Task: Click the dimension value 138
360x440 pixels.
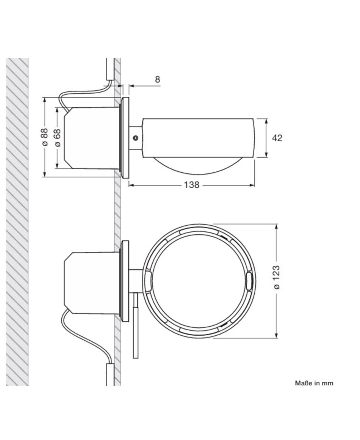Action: coord(191,185)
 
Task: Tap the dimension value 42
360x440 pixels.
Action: coord(277,138)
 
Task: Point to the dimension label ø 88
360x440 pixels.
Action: coord(44,137)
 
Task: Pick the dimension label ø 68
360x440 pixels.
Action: coord(57,137)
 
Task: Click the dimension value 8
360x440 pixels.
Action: coord(158,79)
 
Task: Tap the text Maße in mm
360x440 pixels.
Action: coord(314,383)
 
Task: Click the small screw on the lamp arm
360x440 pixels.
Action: coord(136,138)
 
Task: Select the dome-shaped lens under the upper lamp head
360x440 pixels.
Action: coord(199,166)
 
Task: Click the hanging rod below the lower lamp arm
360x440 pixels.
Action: coord(136,325)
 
